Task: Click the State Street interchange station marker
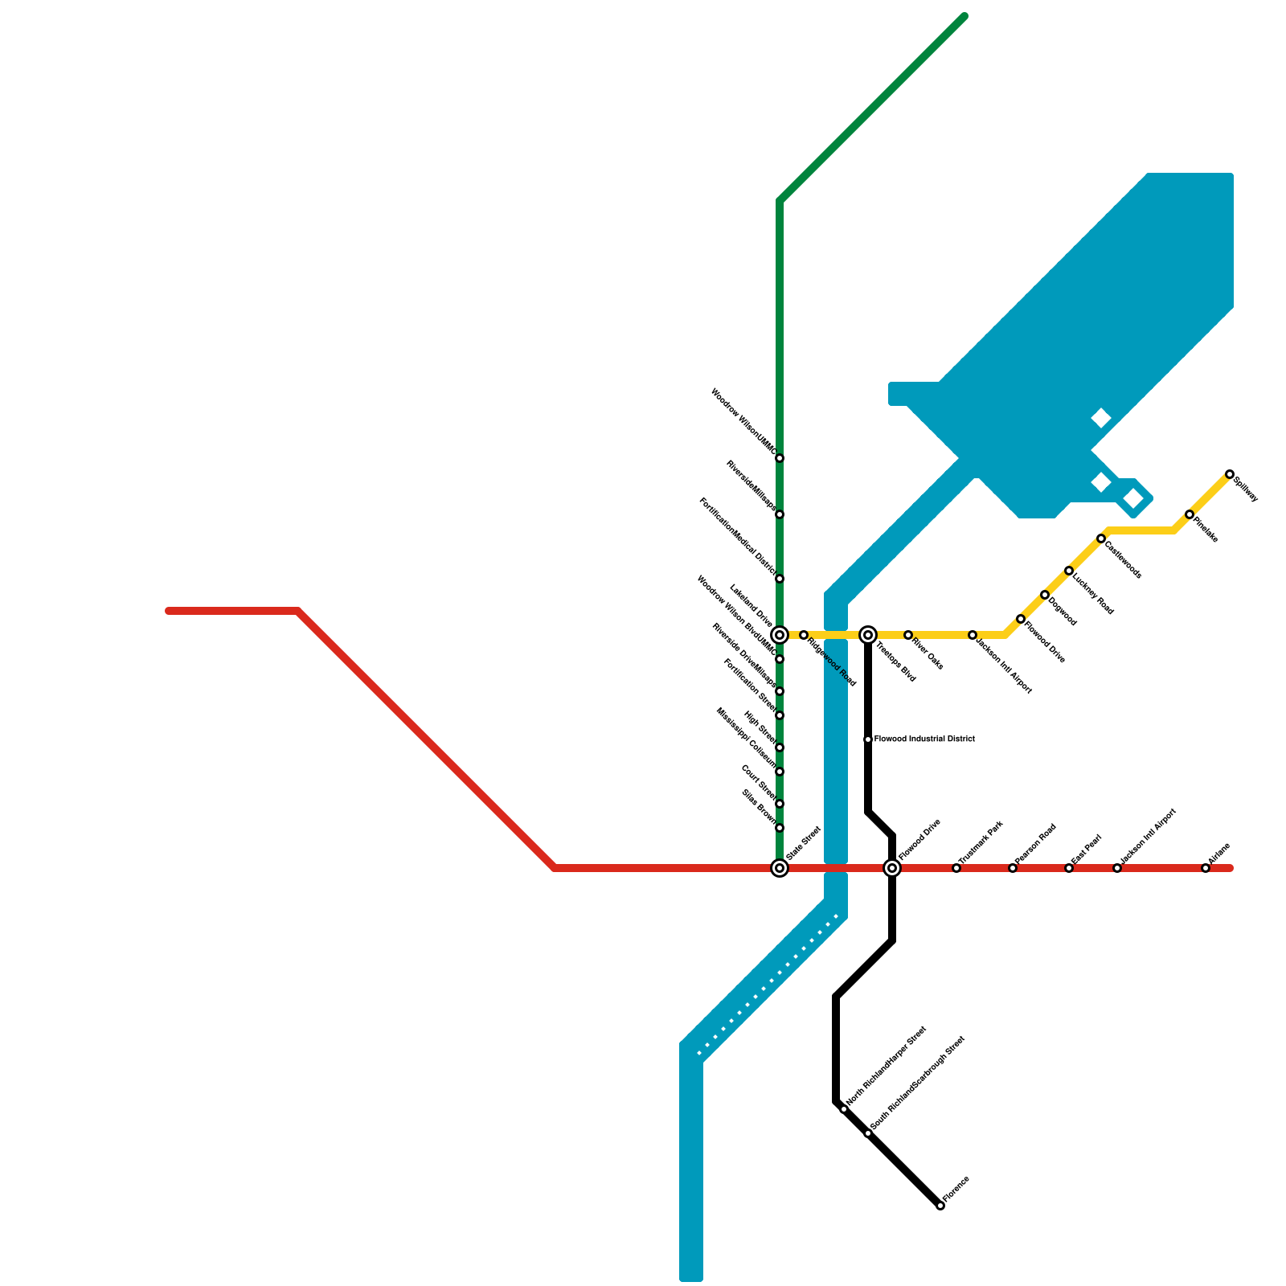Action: point(779,868)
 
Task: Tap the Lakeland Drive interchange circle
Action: point(779,635)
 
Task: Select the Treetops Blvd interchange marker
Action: point(868,635)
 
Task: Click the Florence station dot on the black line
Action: point(940,1206)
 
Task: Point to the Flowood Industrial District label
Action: point(924,739)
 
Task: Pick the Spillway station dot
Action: point(1229,474)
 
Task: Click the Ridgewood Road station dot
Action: point(803,635)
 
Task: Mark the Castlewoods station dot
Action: point(1100,539)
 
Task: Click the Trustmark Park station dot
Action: point(956,868)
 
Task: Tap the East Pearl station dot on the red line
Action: point(1068,868)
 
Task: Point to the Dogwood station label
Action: point(1062,612)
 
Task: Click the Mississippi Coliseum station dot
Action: point(779,772)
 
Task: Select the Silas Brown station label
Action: point(759,809)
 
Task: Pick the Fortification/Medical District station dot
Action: point(779,579)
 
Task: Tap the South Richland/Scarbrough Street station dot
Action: point(867,1133)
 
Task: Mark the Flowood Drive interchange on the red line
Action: point(891,868)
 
